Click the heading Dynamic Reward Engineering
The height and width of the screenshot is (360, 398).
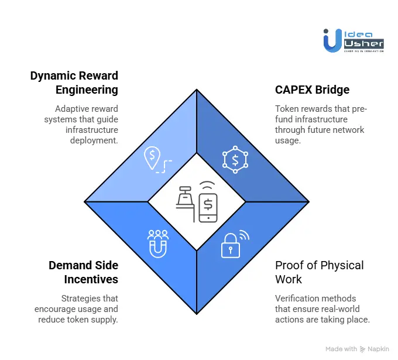point(74,83)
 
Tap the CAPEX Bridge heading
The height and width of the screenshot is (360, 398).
point(312,90)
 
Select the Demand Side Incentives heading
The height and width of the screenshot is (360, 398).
point(83,272)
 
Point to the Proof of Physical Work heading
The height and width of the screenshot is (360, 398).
point(319,272)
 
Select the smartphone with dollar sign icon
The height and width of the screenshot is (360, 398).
point(208,205)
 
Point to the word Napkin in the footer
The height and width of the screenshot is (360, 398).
point(380,349)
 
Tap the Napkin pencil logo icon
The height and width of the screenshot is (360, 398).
point(363,349)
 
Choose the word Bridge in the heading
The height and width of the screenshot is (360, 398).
point(332,90)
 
